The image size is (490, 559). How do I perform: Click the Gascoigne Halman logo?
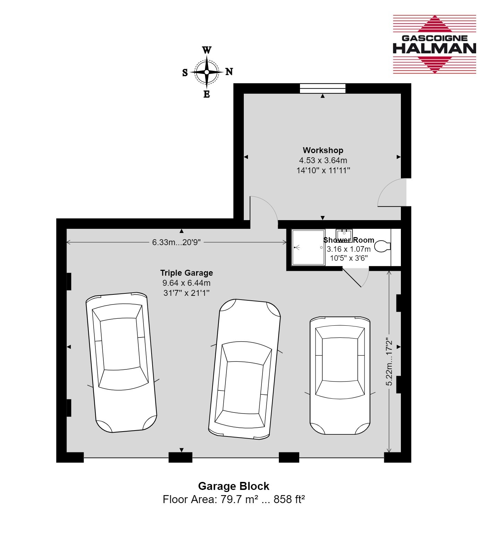(434, 44)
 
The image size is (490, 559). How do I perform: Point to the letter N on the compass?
(229, 72)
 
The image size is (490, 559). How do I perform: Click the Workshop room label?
(323, 150)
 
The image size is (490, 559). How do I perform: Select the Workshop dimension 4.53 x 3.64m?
(323, 160)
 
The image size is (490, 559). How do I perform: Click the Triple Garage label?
(187, 273)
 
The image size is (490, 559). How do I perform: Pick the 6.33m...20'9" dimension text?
(176, 242)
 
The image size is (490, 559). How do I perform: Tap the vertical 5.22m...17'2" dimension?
(389, 362)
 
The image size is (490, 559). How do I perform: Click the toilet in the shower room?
(382, 246)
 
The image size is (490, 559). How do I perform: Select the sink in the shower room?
(344, 235)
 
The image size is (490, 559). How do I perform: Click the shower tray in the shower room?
(308, 247)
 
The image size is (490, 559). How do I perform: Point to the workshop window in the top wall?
(323, 88)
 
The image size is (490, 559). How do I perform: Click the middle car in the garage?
(244, 369)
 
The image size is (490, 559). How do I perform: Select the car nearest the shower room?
(340, 375)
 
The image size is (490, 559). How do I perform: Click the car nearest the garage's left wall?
(121, 362)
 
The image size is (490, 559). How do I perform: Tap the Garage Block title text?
(234, 486)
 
